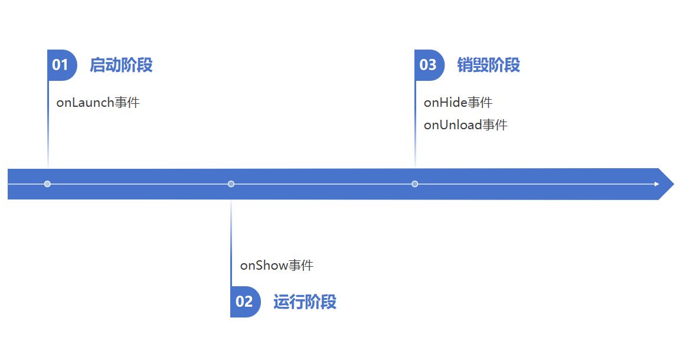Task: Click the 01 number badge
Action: tap(61, 65)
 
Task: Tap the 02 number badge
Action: tap(245, 302)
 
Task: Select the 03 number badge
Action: tap(429, 65)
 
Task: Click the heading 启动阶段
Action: tap(121, 65)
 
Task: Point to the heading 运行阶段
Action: tap(305, 302)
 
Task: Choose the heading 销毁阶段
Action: tap(488, 65)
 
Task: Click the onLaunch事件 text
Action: tap(98, 103)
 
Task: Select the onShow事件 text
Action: tap(276, 266)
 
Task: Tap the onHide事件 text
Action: tap(458, 103)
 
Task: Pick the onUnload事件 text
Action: tap(465, 125)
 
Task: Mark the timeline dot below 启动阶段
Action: tap(47, 184)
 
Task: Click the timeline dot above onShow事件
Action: tap(231, 184)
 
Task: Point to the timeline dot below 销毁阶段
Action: tap(415, 184)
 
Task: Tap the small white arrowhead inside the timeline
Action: tap(656, 184)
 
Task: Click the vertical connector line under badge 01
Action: tap(48, 130)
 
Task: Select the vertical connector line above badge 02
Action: tap(231, 242)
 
